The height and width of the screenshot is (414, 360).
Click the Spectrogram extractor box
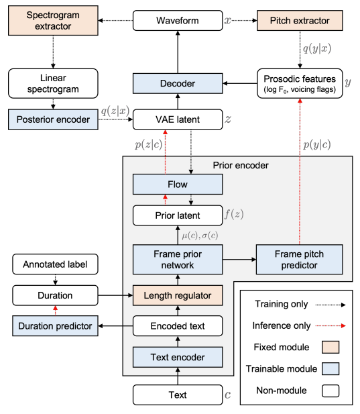(x=53, y=21)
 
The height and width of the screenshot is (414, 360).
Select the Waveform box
(x=178, y=21)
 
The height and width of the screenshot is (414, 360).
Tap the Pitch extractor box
(x=300, y=21)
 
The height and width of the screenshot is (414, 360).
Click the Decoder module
(x=178, y=83)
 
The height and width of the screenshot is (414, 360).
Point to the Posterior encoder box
(x=53, y=119)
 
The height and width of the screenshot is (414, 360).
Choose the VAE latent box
(x=178, y=119)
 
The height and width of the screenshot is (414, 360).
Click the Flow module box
(x=178, y=185)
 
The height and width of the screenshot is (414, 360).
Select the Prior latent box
(x=178, y=215)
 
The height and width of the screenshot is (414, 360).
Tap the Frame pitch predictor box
(x=300, y=260)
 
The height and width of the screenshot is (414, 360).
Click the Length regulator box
(x=178, y=295)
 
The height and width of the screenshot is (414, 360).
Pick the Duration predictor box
(x=55, y=326)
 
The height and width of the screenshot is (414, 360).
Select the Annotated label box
(x=55, y=264)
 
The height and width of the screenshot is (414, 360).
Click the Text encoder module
(x=178, y=357)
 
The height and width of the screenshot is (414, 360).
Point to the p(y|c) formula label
(x=316, y=144)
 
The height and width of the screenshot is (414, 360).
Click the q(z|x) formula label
(x=115, y=111)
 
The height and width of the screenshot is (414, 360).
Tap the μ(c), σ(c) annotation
(x=200, y=236)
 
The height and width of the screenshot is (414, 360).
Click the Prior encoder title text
(x=241, y=165)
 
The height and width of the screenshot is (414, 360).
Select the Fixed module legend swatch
(x=331, y=347)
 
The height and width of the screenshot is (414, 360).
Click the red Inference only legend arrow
(x=331, y=326)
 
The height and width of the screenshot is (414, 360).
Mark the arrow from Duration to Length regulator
(x=115, y=295)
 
